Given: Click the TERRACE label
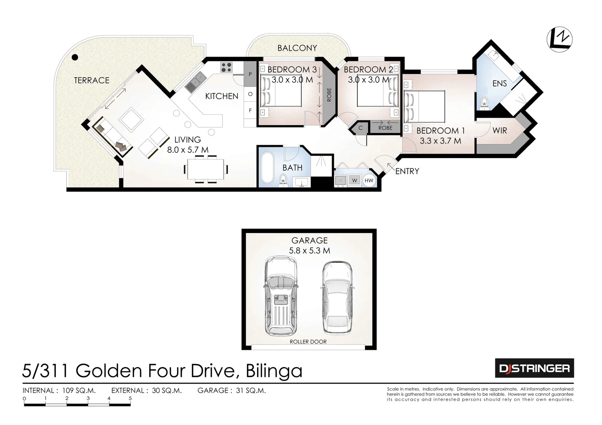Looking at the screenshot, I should point(91,80).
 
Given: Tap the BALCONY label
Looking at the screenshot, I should point(297,48).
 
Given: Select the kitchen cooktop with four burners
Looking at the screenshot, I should point(226,67).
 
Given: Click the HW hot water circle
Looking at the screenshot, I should point(369,181).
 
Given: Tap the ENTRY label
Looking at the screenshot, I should point(407,171).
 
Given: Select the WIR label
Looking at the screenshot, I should point(499,130).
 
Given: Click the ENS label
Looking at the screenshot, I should point(499,83).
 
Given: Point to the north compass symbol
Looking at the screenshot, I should point(559,39).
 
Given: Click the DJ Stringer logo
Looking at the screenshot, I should point(534,368).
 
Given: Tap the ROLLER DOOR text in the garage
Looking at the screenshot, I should point(308,342).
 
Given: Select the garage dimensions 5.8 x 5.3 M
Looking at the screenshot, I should point(309,250).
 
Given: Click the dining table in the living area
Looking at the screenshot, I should point(206,169).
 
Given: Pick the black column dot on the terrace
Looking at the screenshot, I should point(74,57).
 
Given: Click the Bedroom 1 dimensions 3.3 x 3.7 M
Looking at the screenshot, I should point(440,140).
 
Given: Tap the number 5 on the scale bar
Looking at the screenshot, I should point(130,398).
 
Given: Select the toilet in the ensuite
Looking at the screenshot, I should point(484,102).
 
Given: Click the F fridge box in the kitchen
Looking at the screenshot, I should point(250,111).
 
